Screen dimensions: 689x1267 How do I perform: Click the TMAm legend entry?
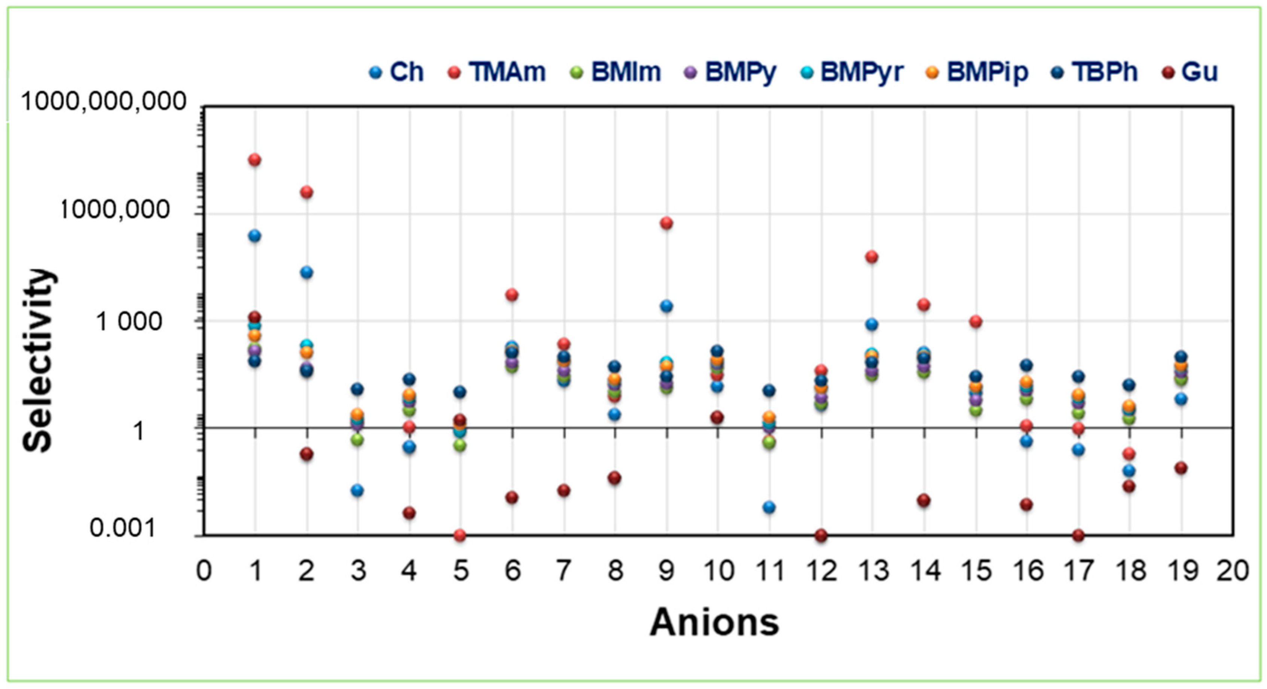[507, 72]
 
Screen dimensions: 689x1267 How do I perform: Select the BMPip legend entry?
[987, 72]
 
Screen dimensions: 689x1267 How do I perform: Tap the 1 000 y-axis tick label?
[129, 322]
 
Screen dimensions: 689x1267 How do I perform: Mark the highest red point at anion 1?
[255, 160]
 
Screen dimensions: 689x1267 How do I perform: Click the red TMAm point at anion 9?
[666, 223]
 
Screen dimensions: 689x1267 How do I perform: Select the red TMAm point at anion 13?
[871, 257]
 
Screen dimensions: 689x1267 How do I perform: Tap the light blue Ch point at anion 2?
[306, 272]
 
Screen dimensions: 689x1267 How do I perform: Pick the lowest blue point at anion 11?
[770, 507]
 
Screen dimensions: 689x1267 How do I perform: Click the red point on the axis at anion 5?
[460, 535]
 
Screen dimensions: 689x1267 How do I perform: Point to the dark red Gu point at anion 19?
[1181, 468]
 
